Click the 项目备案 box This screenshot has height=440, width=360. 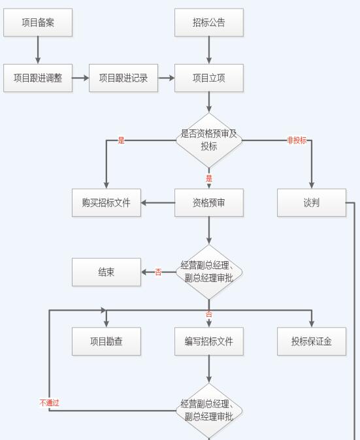tap(38, 22)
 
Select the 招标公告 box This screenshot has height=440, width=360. tap(209, 22)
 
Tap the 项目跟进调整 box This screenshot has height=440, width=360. tap(38, 78)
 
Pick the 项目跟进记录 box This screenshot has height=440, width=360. tap(123, 78)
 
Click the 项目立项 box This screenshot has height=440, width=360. tap(209, 78)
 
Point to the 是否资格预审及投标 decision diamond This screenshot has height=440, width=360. tap(209, 140)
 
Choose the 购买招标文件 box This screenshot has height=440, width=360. tap(106, 202)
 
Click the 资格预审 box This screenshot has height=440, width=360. tap(209, 202)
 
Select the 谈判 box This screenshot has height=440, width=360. tap(312, 202)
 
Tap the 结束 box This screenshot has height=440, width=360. tap(106, 272)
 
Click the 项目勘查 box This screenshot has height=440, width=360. tap(106, 341)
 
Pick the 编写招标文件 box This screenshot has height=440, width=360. tap(209, 341)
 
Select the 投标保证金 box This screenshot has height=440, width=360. tap(312, 341)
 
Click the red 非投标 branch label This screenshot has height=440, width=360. tap(297, 140)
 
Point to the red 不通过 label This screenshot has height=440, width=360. tap(50, 403)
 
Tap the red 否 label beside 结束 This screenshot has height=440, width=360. tap(158, 272)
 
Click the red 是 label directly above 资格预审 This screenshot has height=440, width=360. tap(209, 178)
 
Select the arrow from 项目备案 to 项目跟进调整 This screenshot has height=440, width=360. tap(38, 50)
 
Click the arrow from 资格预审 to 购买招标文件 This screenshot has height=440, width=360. tap(158, 202)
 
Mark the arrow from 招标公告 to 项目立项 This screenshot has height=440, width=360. tap(209, 50)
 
